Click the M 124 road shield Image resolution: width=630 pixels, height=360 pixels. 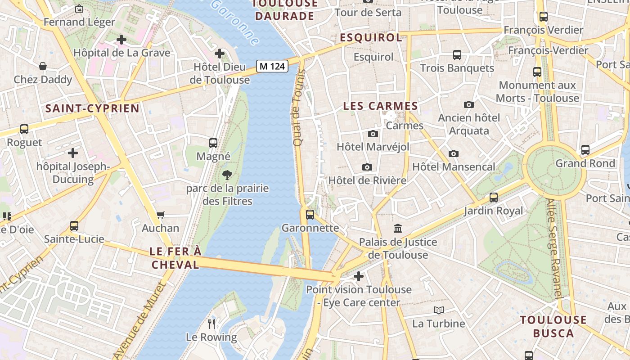coord(272,66)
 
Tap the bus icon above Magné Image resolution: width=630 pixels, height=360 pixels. coord(213,143)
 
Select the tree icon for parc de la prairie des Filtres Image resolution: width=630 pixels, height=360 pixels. coord(227,175)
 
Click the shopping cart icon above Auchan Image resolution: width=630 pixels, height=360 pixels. coord(161,215)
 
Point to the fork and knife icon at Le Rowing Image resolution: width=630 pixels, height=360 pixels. coord(211,324)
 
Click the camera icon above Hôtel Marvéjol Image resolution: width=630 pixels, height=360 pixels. coord(373,134)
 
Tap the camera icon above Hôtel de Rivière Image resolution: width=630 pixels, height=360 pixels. coord(367,167)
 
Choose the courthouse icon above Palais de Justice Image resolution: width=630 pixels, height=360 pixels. coord(398,229)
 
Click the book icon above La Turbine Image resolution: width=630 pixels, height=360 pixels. coord(439,310)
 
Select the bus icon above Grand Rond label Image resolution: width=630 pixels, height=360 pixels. coord(585,150)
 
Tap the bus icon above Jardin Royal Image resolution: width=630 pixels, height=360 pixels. coord(494,197)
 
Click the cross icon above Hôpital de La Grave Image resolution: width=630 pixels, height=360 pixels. coord(121,40)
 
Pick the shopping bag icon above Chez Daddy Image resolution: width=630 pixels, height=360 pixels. coord(43,66)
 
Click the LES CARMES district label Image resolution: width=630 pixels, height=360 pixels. coord(381,106)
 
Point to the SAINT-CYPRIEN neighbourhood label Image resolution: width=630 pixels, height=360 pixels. coord(92,108)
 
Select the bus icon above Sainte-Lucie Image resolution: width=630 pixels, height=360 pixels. coord(74,225)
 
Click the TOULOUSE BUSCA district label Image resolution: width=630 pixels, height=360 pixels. coord(553,327)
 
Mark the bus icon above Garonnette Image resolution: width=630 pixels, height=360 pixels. coord(310,215)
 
